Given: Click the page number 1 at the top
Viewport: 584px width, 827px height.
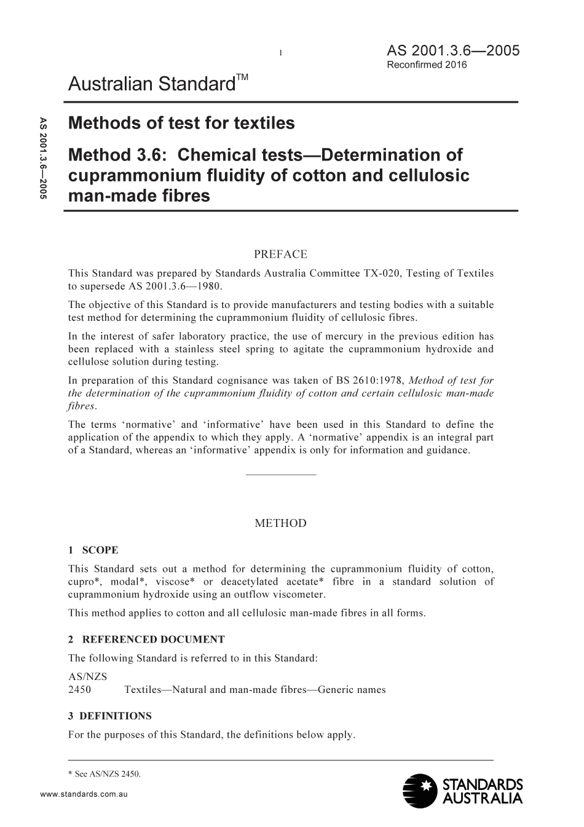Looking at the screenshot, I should tap(280, 53).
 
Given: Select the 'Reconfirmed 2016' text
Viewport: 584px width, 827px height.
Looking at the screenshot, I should tap(427, 65).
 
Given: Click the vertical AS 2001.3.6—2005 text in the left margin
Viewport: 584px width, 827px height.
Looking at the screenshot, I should tap(43, 158).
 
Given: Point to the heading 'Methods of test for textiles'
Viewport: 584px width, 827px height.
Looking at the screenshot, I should tap(181, 123).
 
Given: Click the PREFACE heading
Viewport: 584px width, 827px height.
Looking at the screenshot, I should tap(280, 254).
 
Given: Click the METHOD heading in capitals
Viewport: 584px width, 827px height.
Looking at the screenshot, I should tap(280, 523).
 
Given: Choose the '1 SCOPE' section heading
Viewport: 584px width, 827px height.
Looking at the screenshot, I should tap(93, 550).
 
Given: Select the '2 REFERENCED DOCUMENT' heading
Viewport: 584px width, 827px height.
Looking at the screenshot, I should tap(146, 639).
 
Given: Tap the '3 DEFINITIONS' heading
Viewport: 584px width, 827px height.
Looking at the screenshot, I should tap(110, 716).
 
